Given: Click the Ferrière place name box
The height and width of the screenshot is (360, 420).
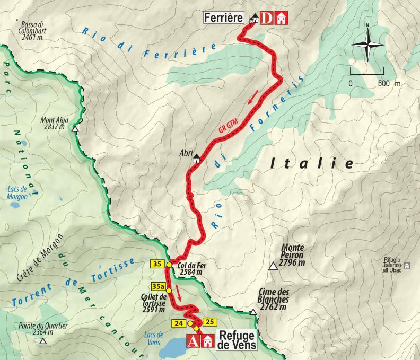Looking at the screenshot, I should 225,19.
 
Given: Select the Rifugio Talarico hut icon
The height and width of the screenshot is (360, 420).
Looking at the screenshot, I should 407,265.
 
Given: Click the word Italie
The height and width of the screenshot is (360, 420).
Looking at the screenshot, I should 311,164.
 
